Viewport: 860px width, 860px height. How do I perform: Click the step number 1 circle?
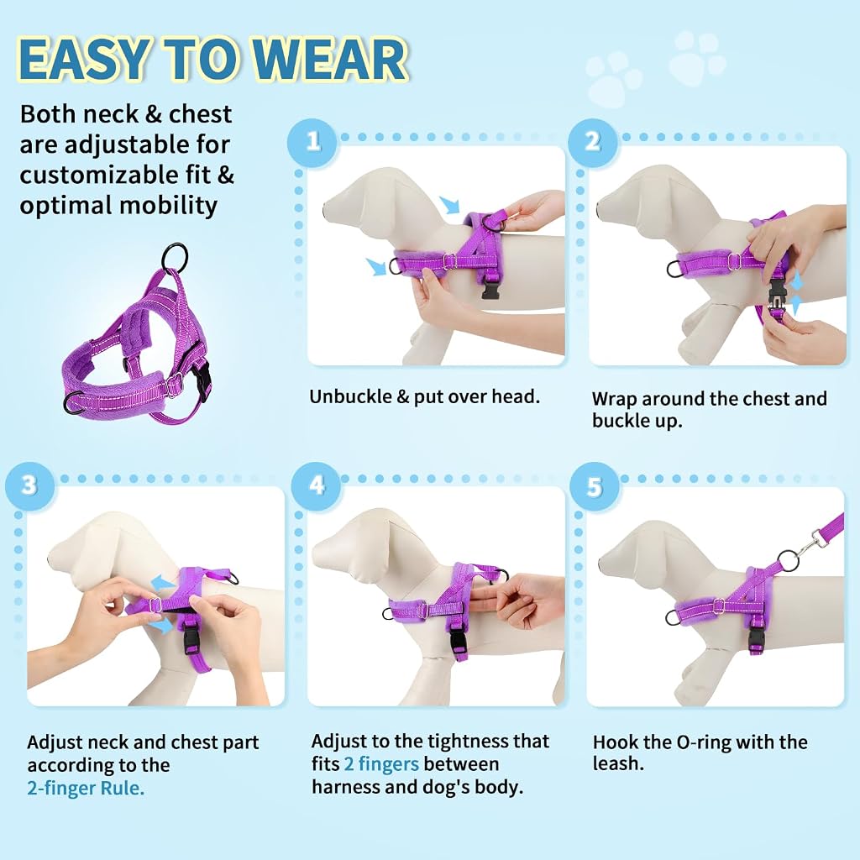pos(312,142)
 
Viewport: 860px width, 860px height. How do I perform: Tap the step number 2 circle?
pos(592,142)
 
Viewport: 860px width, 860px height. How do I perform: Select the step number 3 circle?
pos(30,485)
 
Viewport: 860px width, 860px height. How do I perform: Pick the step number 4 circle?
pos(317,485)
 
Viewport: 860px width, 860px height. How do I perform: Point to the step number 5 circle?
pos(595,486)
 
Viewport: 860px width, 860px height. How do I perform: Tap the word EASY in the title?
pos(83,59)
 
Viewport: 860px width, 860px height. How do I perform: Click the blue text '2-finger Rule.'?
pos(86,788)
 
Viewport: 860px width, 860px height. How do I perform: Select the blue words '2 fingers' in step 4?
pos(381,764)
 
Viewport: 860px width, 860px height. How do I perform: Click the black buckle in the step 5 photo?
pos(756,638)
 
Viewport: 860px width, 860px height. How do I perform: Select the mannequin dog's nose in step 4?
pos(314,565)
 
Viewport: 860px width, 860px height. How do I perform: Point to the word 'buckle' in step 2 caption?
pos(621,421)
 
